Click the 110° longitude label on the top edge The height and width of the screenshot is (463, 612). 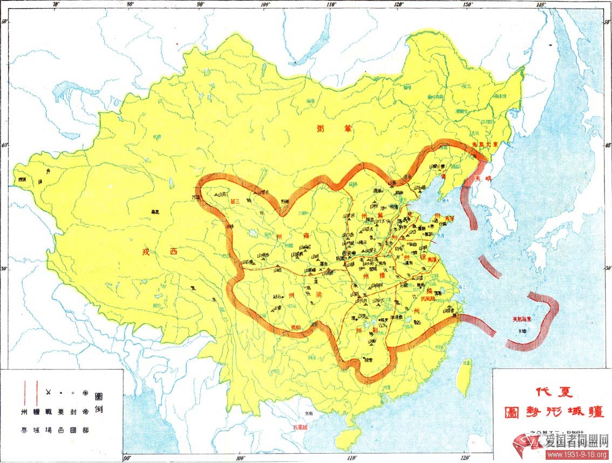(331, 4)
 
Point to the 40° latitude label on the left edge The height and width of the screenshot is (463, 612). (4, 145)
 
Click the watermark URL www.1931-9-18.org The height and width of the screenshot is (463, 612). (577, 455)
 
